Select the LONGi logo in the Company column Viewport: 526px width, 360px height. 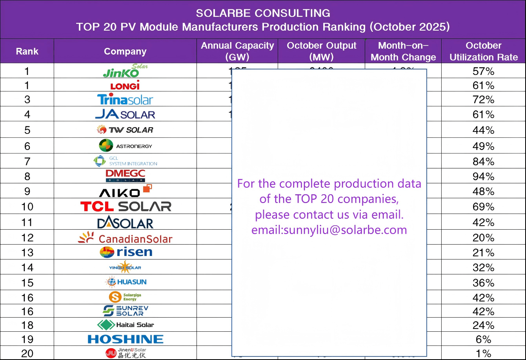click(x=125, y=86)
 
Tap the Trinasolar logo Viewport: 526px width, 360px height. click(x=125, y=100)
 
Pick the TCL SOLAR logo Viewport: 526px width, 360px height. click(x=126, y=206)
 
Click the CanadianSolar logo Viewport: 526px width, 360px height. click(x=125, y=238)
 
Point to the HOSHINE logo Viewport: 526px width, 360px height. click(x=125, y=339)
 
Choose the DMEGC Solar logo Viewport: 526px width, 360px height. click(x=125, y=175)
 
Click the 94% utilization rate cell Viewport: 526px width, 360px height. click(x=483, y=176)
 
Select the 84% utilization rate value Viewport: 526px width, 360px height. click(x=483, y=161)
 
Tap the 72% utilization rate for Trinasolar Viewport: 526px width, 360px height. click(x=483, y=100)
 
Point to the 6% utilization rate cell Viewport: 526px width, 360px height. click(x=483, y=339)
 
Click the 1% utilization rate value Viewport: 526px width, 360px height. click(x=483, y=353)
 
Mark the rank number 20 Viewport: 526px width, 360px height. click(x=27, y=353)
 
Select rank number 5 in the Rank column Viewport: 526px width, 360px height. click(x=27, y=130)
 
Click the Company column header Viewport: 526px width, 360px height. click(x=125, y=51)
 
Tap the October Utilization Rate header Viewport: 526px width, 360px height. click(x=483, y=51)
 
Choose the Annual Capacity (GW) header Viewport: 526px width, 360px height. click(x=237, y=51)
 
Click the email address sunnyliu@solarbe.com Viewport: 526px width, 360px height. click(x=329, y=230)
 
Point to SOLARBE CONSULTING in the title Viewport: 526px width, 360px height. click(x=263, y=13)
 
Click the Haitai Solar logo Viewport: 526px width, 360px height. click(x=125, y=325)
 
